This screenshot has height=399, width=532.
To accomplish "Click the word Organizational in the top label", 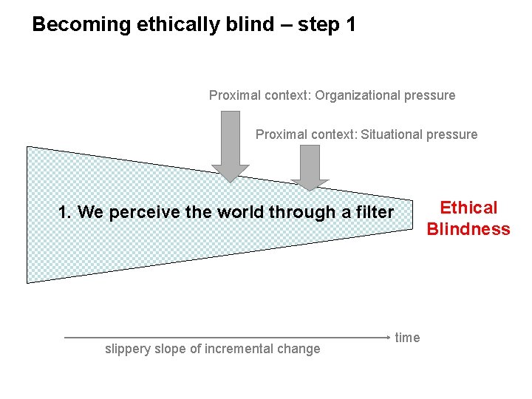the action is point(358,95).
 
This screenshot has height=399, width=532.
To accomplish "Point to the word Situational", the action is point(395,134).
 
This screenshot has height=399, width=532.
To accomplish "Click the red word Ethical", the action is point(468,208).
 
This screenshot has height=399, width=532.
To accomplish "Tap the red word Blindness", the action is point(468,229).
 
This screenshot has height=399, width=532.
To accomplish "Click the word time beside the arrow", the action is point(407,338).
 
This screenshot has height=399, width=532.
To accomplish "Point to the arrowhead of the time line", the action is point(387,337).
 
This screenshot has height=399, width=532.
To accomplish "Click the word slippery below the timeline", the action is point(129,349).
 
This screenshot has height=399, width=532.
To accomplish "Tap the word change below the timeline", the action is point(300,349).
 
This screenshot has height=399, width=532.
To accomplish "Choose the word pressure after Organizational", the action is point(430,95).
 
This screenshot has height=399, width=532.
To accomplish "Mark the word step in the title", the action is point(318,24).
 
